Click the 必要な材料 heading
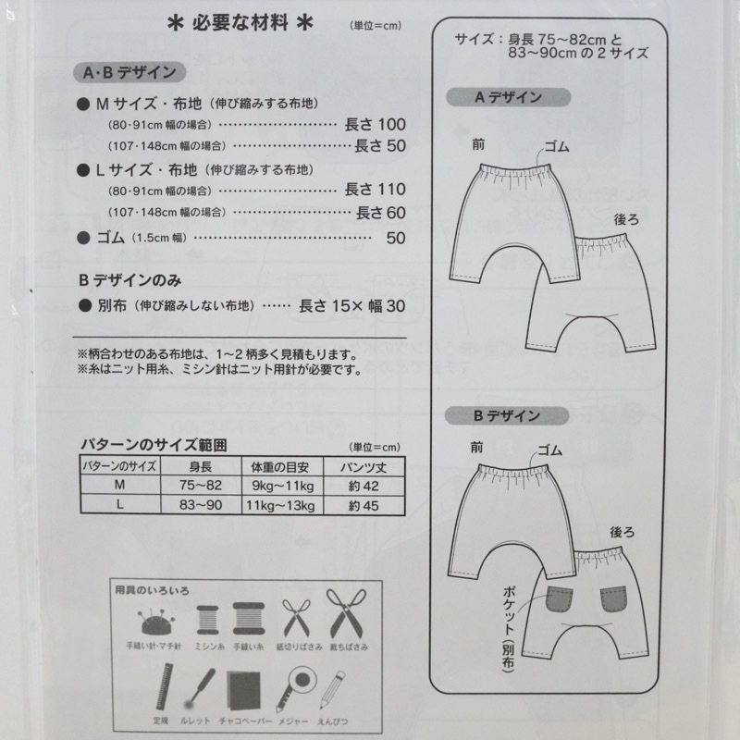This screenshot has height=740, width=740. click(x=240, y=22)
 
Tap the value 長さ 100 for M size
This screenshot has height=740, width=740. click(x=376, y=125)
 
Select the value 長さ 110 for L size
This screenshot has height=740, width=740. click(x=376, y=190)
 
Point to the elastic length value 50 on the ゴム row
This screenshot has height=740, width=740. click(x=396, y=238)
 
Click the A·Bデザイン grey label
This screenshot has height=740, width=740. click(x=129, y=73)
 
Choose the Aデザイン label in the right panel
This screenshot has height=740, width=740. click(x=508, y=97)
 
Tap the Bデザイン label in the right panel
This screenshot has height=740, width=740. click(x=507, y=415)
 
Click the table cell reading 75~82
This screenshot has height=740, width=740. click(x=201, y=486)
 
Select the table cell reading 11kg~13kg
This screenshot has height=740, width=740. click(x=280, y=506)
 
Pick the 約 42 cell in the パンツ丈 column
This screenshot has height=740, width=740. click(x=364, y=487)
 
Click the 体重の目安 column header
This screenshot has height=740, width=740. click(x=280, y=467)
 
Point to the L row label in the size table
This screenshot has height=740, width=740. click(x=120, y=505)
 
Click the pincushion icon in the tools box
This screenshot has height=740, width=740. click(x=155, y=622)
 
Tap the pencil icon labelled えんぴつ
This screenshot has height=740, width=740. click(x=333, y=689)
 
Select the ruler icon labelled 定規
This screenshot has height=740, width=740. click(x=164, y=687)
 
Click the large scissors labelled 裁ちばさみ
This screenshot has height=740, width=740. click(x=346, y=613)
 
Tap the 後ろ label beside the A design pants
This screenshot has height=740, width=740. click(x=626, y=219)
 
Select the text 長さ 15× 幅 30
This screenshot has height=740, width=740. click(x=352, y=306)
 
